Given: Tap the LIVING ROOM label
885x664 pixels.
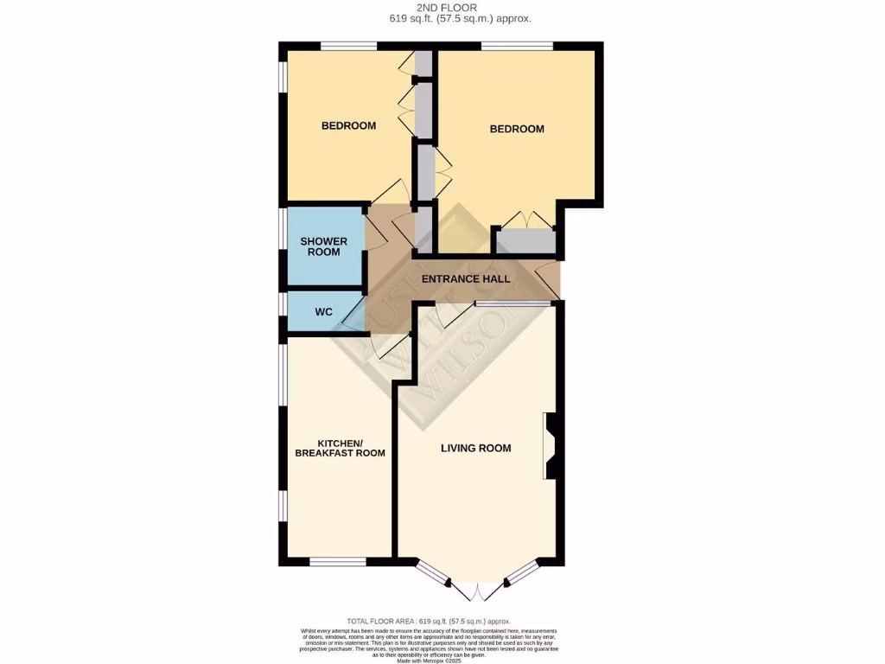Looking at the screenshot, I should point(475,448).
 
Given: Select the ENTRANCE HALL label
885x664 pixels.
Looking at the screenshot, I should point(465,279).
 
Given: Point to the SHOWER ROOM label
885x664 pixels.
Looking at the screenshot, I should point(323,246).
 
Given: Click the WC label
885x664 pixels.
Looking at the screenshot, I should point(323,311).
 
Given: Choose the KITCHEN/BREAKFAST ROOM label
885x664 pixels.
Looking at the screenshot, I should point(340,448).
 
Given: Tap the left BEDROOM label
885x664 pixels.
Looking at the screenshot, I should point(348,125).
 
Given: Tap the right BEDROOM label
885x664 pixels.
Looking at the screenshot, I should point(517,129).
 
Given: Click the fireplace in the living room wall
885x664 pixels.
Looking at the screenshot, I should point(550,446).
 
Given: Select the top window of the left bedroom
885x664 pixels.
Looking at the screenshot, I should point(348,46).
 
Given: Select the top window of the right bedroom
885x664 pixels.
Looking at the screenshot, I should point(517,46).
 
